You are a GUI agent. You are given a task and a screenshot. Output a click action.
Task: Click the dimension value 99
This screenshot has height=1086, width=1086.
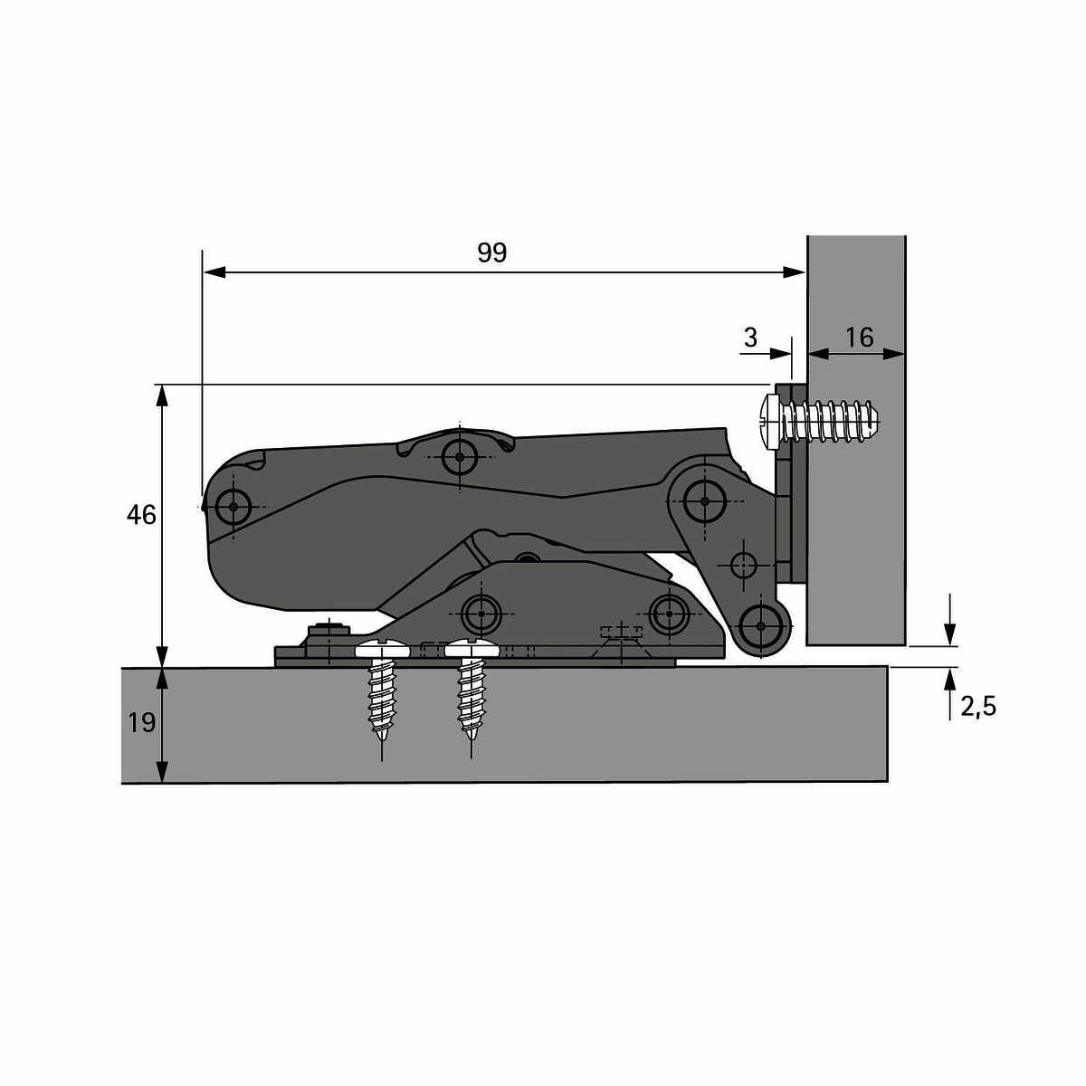click(491, 253)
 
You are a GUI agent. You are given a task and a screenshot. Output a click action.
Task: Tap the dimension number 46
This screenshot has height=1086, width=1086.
click(141, 515)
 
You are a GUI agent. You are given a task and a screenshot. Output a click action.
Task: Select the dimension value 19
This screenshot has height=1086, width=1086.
click(141, 722)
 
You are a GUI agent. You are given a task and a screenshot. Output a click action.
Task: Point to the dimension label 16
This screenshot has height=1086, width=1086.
click(860, 338)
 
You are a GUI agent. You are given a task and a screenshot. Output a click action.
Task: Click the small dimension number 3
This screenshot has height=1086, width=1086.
click(750, 338)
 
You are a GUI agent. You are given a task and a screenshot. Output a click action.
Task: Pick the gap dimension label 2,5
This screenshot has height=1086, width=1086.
click(978, 707)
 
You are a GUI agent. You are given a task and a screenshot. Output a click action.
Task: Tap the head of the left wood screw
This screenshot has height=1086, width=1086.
click(382, 649)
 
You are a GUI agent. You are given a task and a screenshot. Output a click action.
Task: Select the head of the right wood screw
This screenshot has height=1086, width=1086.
click(472, 649)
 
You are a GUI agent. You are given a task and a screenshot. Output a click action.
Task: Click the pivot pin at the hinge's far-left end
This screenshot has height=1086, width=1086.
click(233, 507)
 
